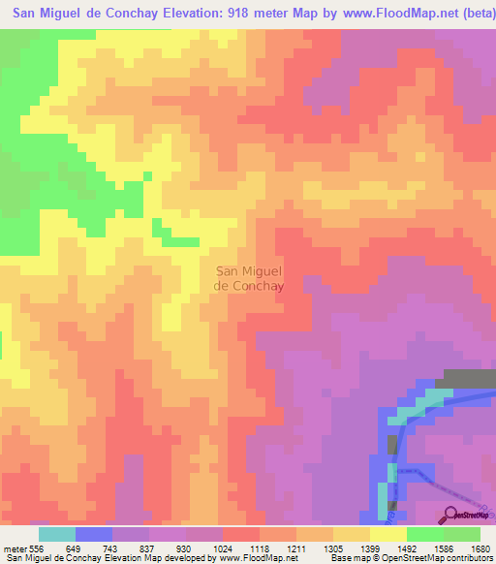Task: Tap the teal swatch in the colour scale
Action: pos(56,534)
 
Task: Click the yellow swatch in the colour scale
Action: pos(387,534)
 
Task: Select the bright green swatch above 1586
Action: pos(424,534)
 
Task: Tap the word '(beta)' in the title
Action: pos(474,15)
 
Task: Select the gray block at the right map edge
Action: pos(464,378)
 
